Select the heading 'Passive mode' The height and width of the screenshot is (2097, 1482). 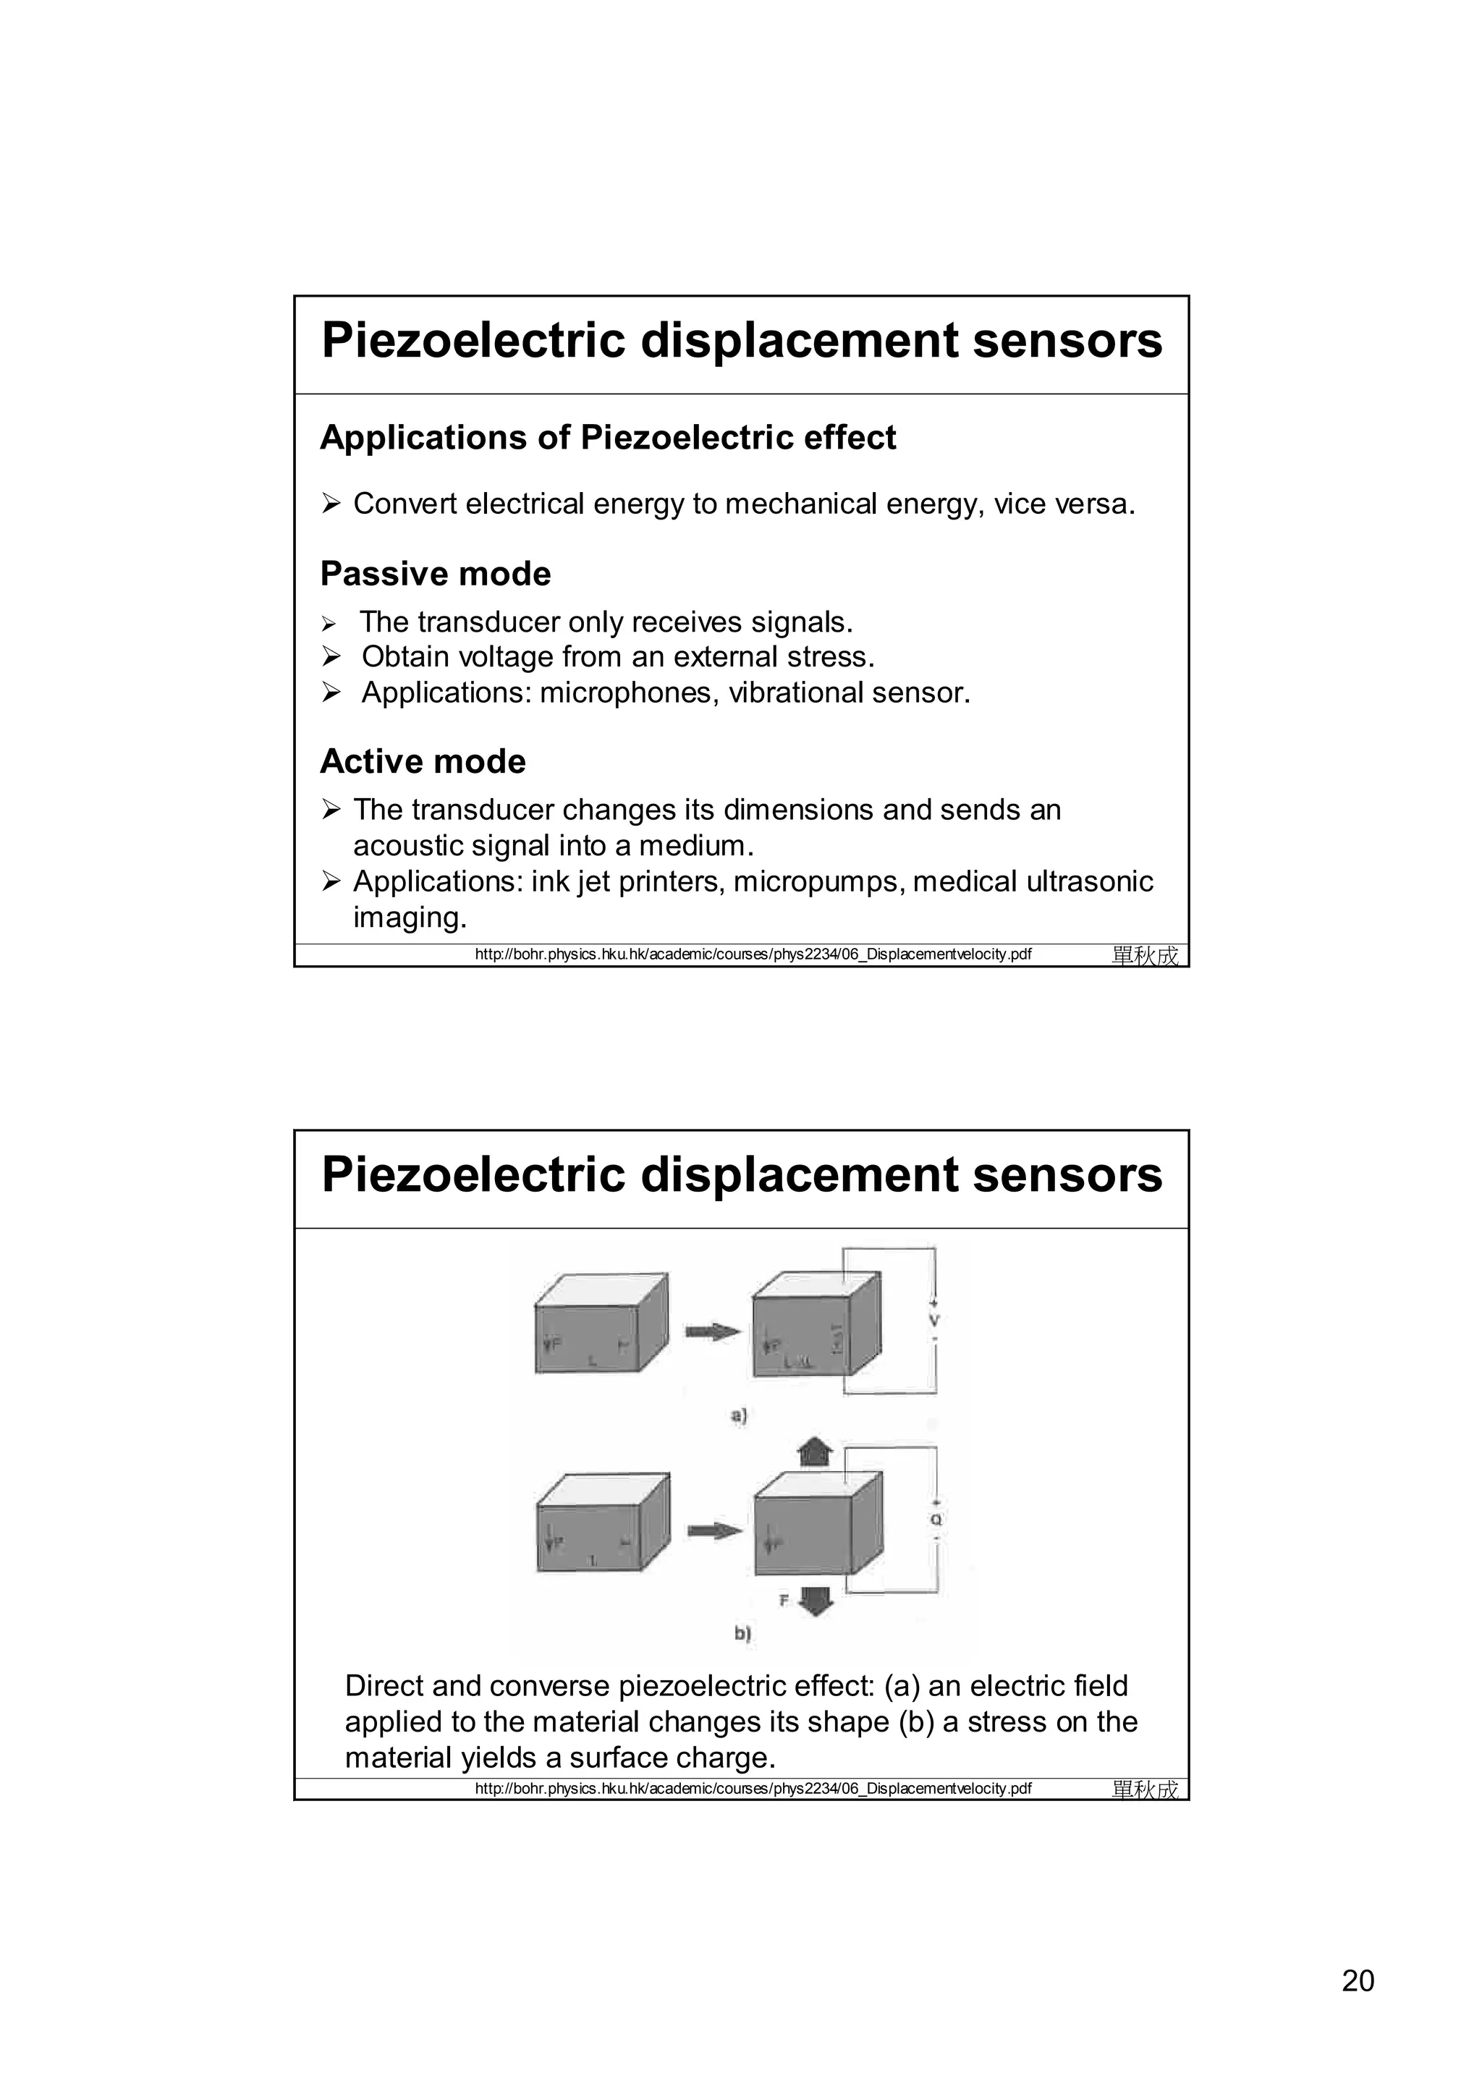(x=436, y=575)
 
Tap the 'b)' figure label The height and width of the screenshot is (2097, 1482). (x=742, y=1634)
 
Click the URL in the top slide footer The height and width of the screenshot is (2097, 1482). (x=753, y=955)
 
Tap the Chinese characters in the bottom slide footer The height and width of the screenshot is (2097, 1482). (x=1145, y=1789)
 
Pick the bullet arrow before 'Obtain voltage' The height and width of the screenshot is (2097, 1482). (x=331, y=658)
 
